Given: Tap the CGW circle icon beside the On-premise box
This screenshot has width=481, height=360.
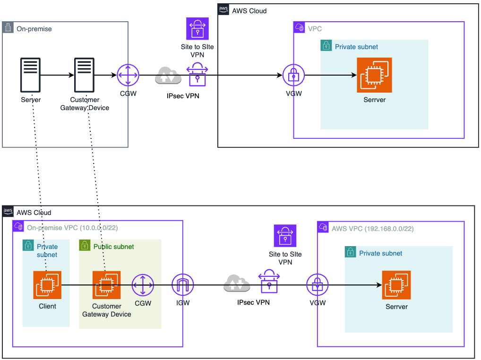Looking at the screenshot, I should (x=128, y=75).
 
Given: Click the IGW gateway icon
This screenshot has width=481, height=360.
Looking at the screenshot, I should (x=182, y=285).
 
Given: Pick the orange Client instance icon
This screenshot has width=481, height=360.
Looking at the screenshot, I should (x=47, y=285).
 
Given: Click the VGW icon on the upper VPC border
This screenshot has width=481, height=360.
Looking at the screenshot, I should (x=293, y=75).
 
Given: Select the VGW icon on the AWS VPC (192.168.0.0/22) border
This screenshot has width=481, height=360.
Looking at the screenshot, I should (x=318, y=285).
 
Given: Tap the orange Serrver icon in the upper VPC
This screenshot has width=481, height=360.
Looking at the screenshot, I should (x=375, y=75).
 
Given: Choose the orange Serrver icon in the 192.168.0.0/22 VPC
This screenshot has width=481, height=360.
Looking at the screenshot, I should (x=396, y=285).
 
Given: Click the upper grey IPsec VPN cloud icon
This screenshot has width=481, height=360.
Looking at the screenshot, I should (x=168, y=75).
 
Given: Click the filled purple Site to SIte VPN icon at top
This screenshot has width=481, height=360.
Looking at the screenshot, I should (x=197, y=28).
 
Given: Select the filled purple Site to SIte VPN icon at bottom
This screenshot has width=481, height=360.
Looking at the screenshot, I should (x=285, y=235).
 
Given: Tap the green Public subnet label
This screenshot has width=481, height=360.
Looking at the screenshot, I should (x=113, y=247).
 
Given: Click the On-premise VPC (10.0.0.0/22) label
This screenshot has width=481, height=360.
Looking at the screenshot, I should (x=72, y=228).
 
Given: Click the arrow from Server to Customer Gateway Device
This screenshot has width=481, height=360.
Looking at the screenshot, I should (x=57, y=75).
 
